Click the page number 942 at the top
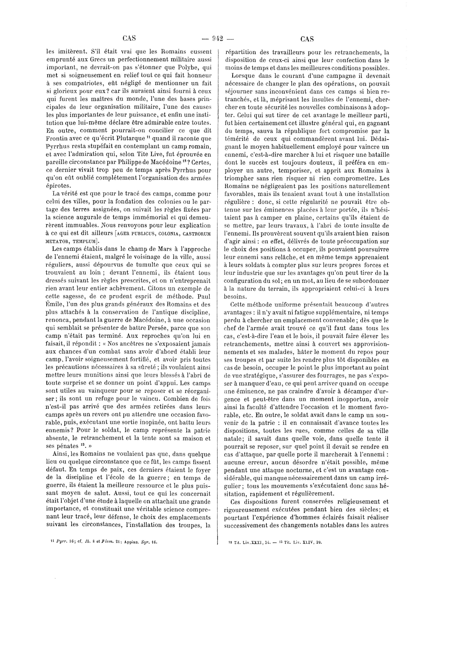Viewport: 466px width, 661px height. click(218, 39)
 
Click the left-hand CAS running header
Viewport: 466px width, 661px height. click(129, 38)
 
